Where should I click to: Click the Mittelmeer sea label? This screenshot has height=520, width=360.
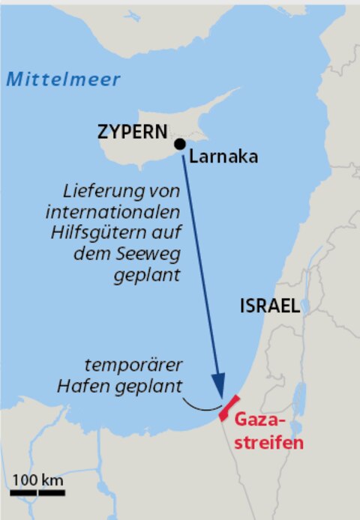pyautogui.click(x=63, y=80)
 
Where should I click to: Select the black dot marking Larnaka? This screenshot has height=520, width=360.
pyautogui.click(x=179, y=144)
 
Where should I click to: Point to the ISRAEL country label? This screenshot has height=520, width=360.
pyautogui.click(x=270, y=306)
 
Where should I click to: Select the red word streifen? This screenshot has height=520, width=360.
pyautogui.click(x=267, y=442)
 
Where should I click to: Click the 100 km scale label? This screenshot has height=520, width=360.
pyautogui.click(x=37, y=480)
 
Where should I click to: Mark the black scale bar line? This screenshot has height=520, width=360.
pyautogui.click(x=37, y=493)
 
